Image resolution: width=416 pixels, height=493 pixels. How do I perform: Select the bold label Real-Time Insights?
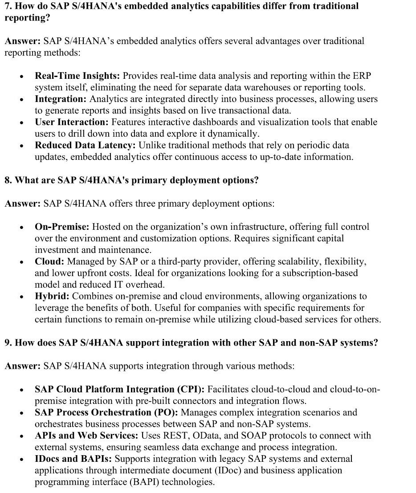point(77,76)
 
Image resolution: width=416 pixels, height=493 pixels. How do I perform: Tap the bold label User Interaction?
point(72,122)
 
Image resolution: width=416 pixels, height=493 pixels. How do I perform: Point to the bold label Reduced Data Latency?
point(86,145)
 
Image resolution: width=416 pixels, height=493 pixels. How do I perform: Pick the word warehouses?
point(285,87)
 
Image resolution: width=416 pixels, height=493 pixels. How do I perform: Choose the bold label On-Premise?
point(62,227)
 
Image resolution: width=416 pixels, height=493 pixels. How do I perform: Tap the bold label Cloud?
point(49,261)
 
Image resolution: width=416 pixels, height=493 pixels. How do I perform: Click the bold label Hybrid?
point(52,296)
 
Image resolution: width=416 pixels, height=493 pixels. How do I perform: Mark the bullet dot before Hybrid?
point(21,297)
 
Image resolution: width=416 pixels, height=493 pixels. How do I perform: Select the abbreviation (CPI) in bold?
point(192,389)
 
